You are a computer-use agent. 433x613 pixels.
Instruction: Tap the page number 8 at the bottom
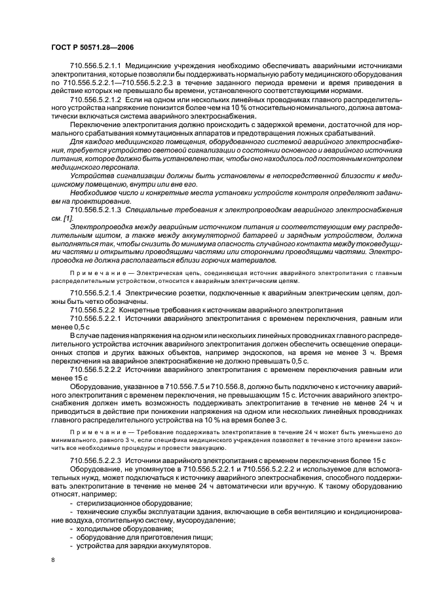[x=52, y=560]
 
